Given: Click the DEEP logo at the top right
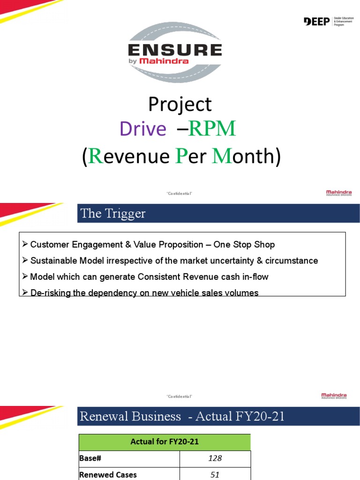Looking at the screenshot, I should tap(317, 22).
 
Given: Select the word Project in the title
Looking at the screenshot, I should tap(180, 105).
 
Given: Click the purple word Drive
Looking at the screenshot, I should tap(142, 129).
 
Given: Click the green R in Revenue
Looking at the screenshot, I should tap(95, 157).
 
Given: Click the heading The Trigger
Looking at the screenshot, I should tap(113, 214).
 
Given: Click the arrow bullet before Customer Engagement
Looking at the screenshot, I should tap(25, 245).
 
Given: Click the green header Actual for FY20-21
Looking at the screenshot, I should tap(164, 442).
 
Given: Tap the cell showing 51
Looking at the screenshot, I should tap(215, 474).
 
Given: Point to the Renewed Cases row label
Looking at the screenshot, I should tap(108, 474).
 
